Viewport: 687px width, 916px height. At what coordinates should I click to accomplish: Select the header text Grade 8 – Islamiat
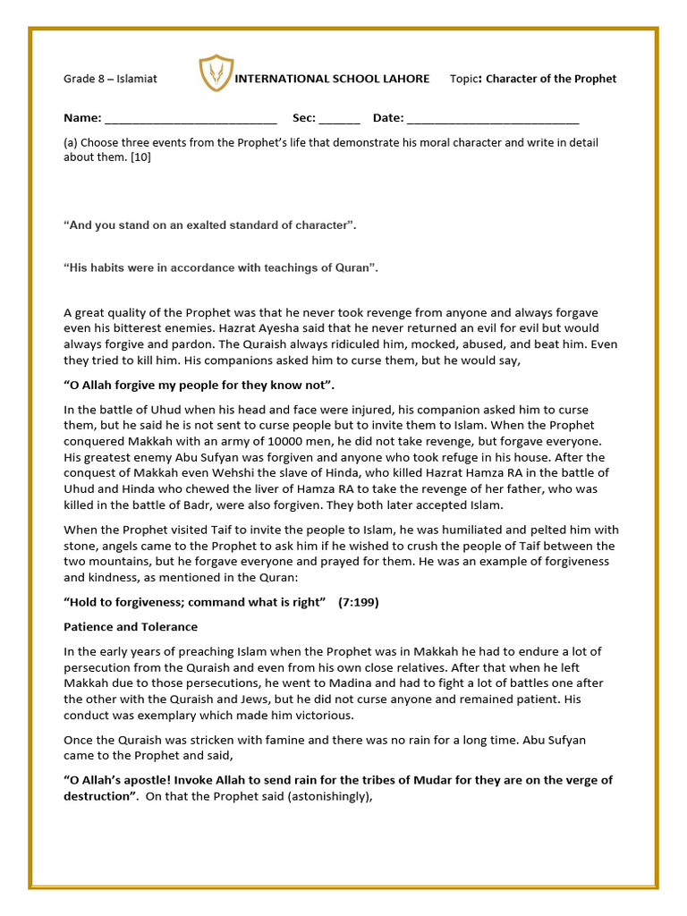point(110,79)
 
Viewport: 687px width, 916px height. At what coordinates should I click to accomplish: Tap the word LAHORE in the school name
point(403,79)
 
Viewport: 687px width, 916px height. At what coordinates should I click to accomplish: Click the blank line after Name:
point(191,118)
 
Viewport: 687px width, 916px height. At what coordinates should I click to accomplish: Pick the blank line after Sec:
point(339,118)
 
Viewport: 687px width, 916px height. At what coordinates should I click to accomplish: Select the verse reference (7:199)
point(358,602)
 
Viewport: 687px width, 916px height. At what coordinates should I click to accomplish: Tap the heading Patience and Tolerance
point(131,626)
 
